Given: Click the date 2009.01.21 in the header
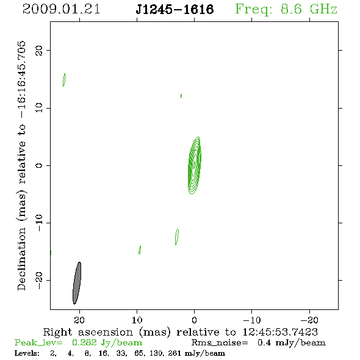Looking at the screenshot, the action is [61, 9].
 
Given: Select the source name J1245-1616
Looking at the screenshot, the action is [175, 10].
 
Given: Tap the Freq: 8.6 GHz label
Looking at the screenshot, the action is [286, 9].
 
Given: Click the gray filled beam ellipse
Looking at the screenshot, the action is [77, 283].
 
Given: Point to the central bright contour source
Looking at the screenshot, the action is [195, 165].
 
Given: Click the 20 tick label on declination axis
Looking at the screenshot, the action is [39, 50].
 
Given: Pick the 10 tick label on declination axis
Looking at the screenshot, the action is [39, 108].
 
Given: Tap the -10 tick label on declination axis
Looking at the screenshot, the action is [39, 223].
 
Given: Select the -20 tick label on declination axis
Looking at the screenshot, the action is [39, 281].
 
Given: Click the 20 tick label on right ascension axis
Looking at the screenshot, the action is [79, 320].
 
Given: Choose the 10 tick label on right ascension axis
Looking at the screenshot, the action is [137, 320].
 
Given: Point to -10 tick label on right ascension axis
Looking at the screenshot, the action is [252, 320].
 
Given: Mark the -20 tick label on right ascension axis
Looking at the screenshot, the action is [309, 320].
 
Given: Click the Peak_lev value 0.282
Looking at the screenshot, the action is [84, 342].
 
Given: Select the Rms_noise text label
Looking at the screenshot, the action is [220, 343].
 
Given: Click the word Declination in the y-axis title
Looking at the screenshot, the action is [21, 259].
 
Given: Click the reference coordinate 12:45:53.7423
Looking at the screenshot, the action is [280, 332].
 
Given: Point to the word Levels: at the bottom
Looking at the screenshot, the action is [27, 353].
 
